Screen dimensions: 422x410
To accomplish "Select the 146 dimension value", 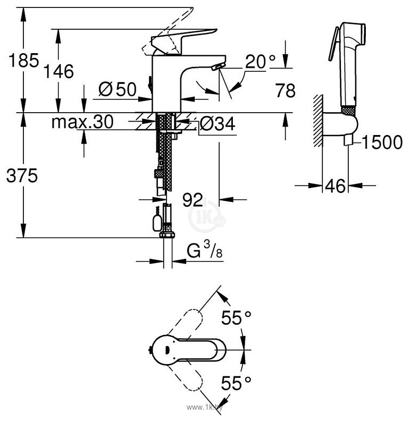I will [x=59, y=71].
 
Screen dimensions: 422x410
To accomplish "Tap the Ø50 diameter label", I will [x=118, y=90].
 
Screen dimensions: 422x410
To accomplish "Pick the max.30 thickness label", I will [x=82, y=123].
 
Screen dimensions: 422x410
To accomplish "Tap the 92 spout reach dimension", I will [x=193, y=200].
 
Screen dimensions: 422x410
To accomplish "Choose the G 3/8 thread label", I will [x=205, y=250].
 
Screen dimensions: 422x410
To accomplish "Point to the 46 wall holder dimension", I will [x=335, y=185].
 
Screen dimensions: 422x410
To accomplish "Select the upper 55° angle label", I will [x=236, y=318].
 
